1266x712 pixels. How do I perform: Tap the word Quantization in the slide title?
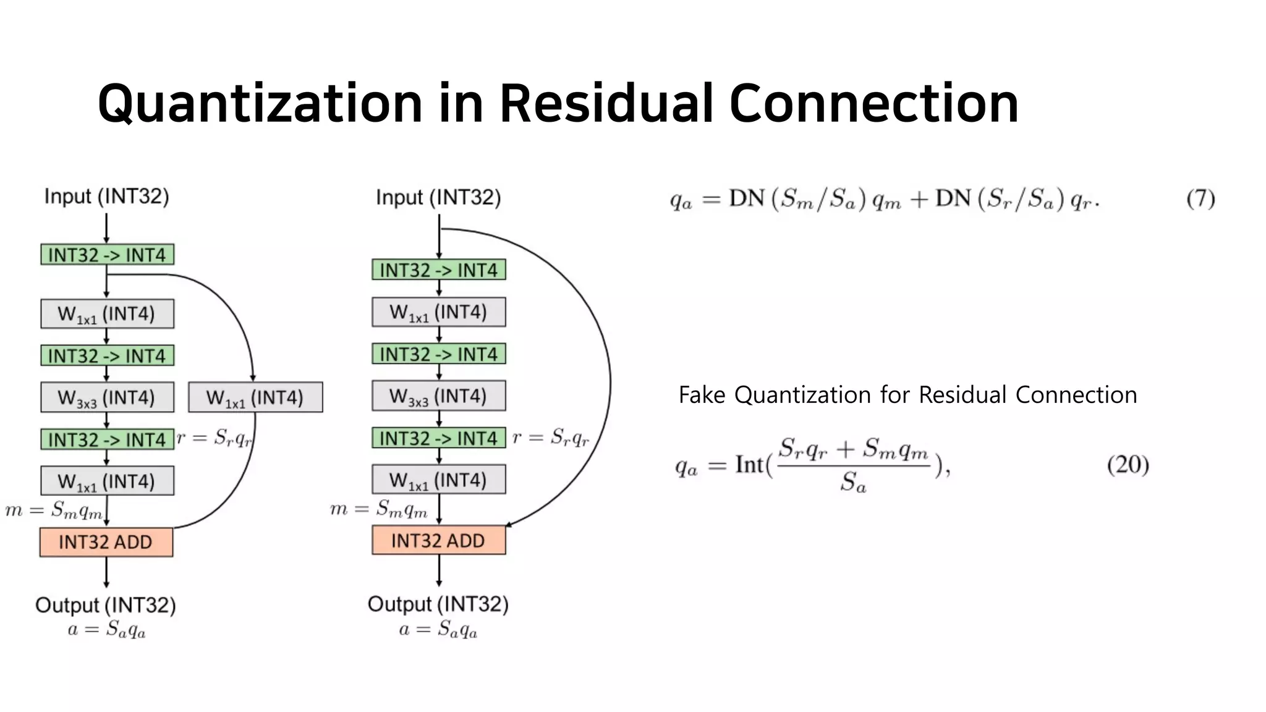tap(260, 103)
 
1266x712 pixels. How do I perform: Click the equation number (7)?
tap(1200, 198)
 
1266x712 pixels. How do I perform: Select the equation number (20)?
tap(1128, 465)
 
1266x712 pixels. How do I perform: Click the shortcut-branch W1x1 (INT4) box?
tap(255, 397)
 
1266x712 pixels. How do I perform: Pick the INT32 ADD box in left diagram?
tap(106, 542)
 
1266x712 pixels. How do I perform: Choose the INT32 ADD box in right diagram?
tap(438, 540)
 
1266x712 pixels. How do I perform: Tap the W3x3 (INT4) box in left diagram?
tap(107, 397)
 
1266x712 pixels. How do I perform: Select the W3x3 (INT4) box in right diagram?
tap(438, 396)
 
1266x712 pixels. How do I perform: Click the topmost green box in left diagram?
tap(107, 255)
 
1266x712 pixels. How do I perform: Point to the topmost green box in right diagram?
tap(438, 270)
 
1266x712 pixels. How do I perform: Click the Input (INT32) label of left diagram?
tap(106, 197)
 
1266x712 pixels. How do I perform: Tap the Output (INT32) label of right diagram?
tap(438, 604)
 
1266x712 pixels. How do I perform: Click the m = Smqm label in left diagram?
tap(54, 510)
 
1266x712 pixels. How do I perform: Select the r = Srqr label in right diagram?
tap(550, 438)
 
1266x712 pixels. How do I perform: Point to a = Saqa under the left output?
tap(106, 630)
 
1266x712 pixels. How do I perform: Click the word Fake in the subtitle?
tap(702, 395)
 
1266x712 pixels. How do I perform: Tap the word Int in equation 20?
tap(749, 465)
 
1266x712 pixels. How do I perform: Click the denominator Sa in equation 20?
tap(853, 482)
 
